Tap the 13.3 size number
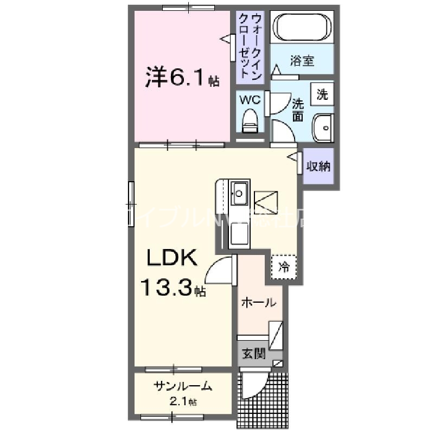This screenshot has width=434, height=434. (168, 288)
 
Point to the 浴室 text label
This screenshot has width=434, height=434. (302, 60)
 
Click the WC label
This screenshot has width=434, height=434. (250, 100)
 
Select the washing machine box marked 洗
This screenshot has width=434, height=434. (322, 95)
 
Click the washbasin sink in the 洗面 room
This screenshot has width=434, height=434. (323, 129)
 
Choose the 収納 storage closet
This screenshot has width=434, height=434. (318, 166)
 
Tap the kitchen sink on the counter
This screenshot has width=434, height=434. (239, 192)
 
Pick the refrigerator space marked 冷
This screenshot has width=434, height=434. (283, 266)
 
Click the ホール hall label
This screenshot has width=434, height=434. (258, 303)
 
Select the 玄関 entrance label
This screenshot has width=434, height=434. (253, 354)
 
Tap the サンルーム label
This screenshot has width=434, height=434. (182, 387)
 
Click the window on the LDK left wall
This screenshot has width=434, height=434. (131, 203)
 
